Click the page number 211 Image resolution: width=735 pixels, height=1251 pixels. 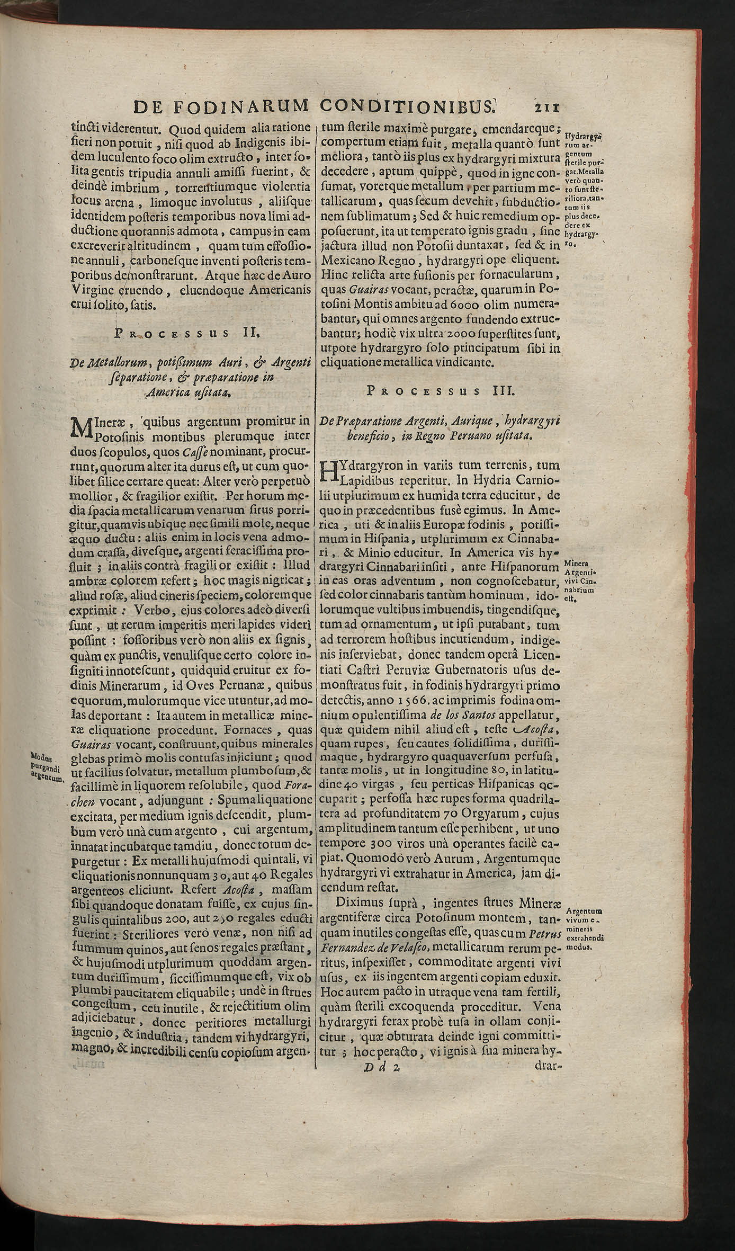click(545, 107)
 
